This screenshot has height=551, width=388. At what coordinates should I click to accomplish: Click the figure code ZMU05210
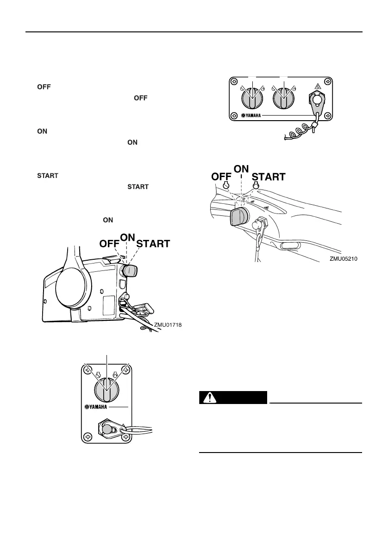coord(343,259)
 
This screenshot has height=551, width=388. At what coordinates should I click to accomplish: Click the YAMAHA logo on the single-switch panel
coord(99,407)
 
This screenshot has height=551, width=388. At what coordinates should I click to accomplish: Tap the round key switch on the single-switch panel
coord(106,389)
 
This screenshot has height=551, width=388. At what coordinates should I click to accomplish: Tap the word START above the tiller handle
coord(269,177)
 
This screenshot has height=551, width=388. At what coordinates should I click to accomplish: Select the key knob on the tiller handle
coord(239,216)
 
